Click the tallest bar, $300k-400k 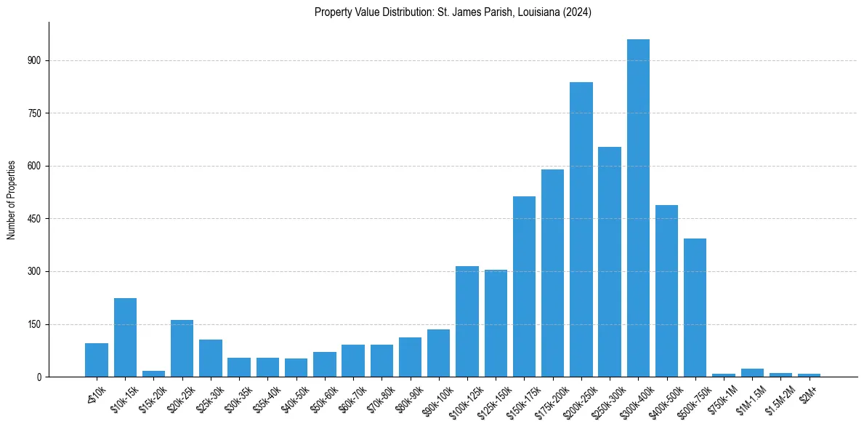click(x=638, y=208)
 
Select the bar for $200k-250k click(x=581, y=229)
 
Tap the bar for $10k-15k click(x=125, y=337)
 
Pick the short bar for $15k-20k click(x=153, y=374)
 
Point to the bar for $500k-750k click(x=695, y=308)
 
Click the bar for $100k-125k click(x=467, y=321)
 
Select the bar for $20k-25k click(x=182, y=348)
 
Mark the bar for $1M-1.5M click(x=752, y=373)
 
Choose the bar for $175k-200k click(x=552, y=273)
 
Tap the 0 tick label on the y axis click(x=40, y=377)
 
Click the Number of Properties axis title click(x=11, y=200)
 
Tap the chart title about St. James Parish click(x=453, y=12)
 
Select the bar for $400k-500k click(x=666, y=291)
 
